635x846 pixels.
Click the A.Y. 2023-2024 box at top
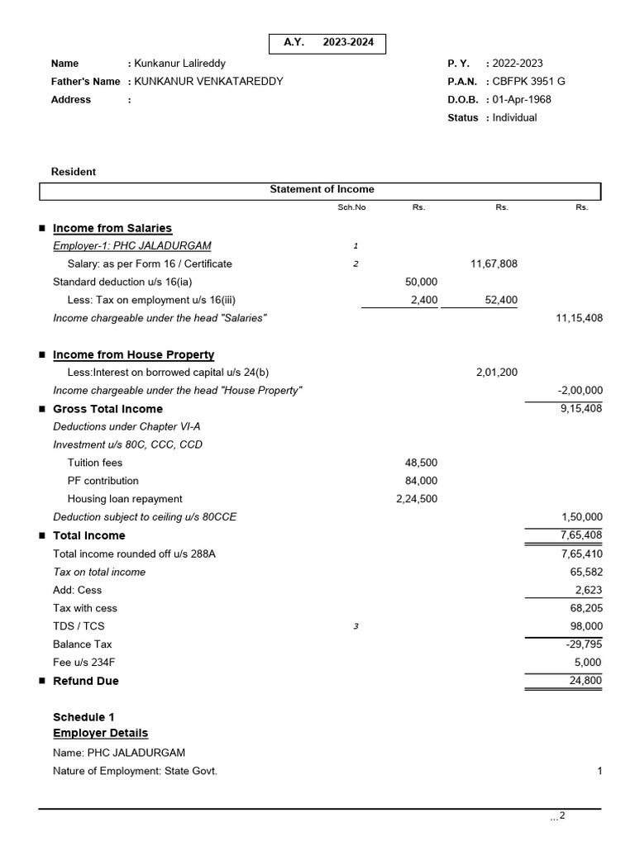(x=327, y=44)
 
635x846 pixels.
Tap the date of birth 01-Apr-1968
(x=522, y=99)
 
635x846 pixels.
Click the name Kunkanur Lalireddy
(x=179, y=63)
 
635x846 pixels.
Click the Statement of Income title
(x=322, y=189)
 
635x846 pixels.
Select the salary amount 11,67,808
(x=494, y=264)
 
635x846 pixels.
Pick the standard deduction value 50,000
(x=422, y=282)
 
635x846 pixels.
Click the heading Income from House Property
(x=133, y=354)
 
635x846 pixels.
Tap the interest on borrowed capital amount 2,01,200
(x=497, y=373)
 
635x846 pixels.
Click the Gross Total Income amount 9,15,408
(x=581, y=409)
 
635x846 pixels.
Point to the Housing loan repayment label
(x=125, y=499)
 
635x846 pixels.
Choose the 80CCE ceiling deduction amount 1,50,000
(x=581, y=517)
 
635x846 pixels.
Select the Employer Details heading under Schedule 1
(x=100, y=733)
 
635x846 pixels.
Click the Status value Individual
(x=514, y=117)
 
